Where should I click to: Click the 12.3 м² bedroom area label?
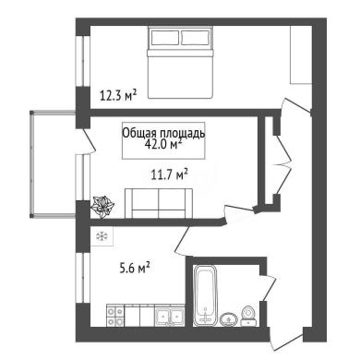(x=118, y=95)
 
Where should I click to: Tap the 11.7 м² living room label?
(x=169, y=174)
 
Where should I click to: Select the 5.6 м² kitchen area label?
(x=135, y=268)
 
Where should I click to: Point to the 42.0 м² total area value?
(x=163, y=144)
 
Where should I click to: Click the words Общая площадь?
(x=163, y=133)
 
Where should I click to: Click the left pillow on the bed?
(x=164, y=38)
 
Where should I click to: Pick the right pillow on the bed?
(x=195, y=38)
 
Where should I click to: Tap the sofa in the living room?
(x=159, y=203)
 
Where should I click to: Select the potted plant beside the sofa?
(x=102, y=206)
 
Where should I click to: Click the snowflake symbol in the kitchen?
(x=102, y=236)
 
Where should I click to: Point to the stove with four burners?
(x=115, y=316)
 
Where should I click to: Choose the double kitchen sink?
(x=169, y=316)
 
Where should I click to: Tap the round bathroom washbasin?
(x=229, y=318)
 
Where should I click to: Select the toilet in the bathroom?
(x=248, y=316)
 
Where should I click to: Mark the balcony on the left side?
(x=53, y=164)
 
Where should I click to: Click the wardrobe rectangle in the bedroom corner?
(x=302, y=54)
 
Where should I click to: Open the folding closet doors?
(x=282, y=162)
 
